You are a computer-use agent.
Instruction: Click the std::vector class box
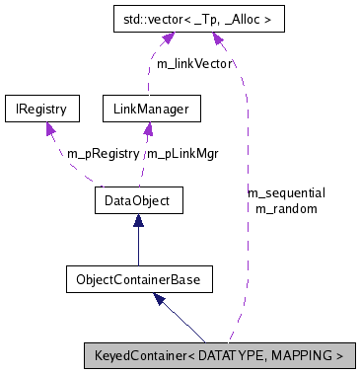coord(195,18)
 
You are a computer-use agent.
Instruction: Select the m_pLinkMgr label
coord(182,154)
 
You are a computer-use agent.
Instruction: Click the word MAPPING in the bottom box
coord(302,354)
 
